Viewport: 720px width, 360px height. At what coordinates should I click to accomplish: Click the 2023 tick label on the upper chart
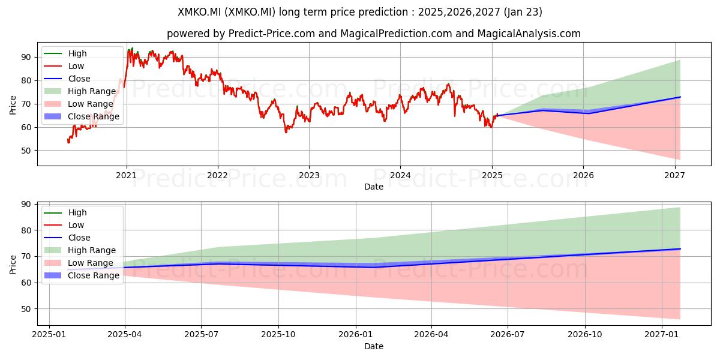tap(309, 175)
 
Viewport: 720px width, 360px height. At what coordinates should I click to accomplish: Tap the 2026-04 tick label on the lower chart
tap(431, 335)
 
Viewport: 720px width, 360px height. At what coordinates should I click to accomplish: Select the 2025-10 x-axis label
tap(278, 335)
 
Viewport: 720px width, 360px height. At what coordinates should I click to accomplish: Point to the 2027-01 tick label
tap(662, 335)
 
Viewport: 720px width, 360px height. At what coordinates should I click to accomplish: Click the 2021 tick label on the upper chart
tap(127, 175)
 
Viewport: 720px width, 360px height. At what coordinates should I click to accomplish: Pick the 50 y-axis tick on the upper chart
tap(26, 151)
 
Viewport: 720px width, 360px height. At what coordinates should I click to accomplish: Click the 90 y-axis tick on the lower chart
tap(26, 205)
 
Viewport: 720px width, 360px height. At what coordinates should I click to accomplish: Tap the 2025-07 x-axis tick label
tap(201, 335)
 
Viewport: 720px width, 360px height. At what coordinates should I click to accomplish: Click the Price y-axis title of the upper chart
tap(13, 105)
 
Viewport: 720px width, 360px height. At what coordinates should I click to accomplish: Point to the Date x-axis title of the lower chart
tap(374, 346)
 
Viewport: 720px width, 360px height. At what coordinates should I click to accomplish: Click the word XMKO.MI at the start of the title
tap(200, 12)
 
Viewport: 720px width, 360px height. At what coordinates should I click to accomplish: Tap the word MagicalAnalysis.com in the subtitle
tap(529, 34)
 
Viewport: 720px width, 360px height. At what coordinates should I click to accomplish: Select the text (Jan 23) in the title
tap(523, 12)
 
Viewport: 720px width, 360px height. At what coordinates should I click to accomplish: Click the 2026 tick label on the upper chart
tap(583, 175)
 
